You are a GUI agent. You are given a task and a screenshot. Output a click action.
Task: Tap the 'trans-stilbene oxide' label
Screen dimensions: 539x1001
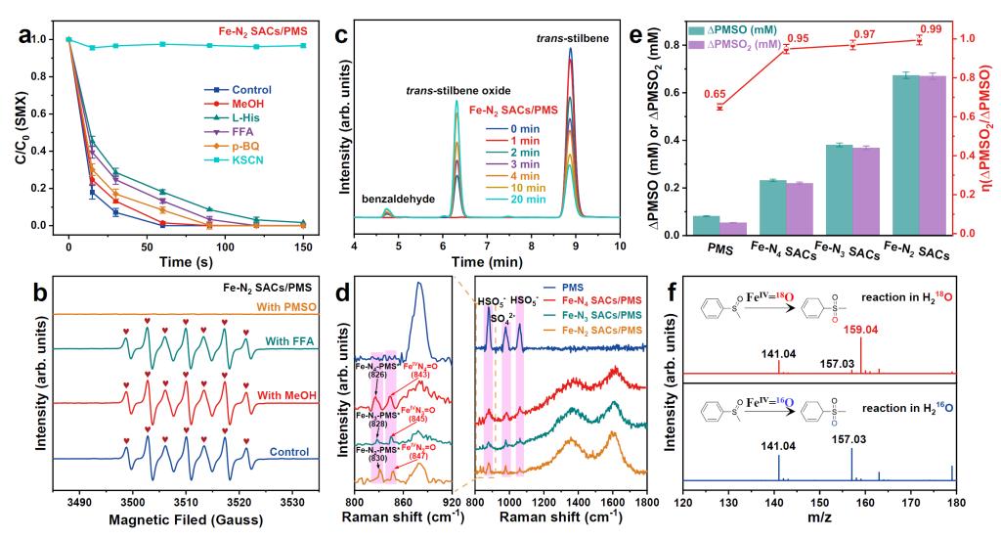tap(456, 91)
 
